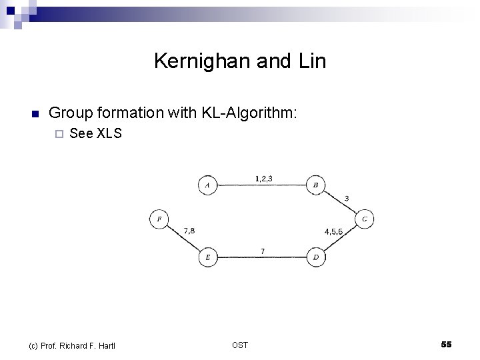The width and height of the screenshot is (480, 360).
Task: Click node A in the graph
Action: (x=207, y=185)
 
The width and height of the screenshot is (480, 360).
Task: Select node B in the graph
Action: (x=315, y=185)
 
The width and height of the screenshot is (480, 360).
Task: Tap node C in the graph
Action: (x=365, y=218)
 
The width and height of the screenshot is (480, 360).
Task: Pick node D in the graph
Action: (x=315, y=257)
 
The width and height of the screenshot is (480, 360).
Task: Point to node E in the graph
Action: (x=207, y=257)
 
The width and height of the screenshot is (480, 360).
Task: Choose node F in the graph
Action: (x=159, y=218)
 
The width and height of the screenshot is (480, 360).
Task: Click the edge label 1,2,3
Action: (x=263, y=178)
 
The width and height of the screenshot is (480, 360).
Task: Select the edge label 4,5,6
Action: (x=333, y=232)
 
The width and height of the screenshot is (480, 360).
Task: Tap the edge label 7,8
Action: (x=189, y=231)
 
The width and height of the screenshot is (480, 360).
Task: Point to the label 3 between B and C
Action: (x=346, y=199)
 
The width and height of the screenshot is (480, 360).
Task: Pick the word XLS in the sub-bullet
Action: (x=109, y=133)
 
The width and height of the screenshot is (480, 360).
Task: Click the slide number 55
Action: (x=446, y=344)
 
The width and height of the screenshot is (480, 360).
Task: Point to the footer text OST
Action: (x=240, y=345)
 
